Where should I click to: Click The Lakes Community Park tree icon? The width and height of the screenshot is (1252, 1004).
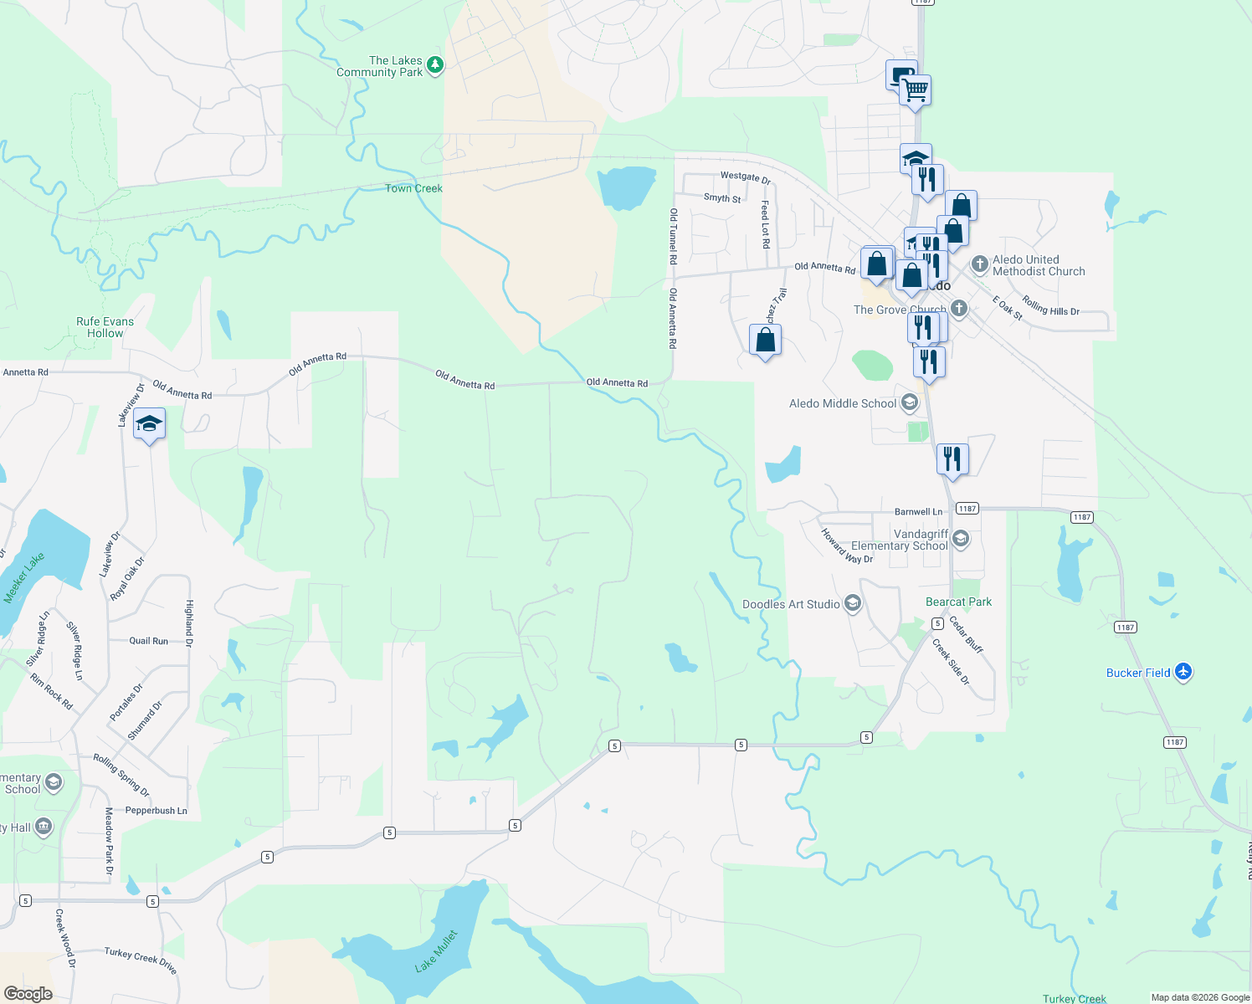click(x=434, y=65)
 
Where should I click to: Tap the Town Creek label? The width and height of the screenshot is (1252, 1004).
click(x=413, y=188)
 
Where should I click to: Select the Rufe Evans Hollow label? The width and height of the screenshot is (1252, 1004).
click(x=105, y=327)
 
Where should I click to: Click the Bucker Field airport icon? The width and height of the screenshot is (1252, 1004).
click(x=1183, y=672)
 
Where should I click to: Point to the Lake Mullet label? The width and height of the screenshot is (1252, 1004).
click(x=437, y=950)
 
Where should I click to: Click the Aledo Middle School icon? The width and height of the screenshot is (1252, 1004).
click(x=910, y=403)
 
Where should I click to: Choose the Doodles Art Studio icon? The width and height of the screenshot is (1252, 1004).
click(x=852, y=604)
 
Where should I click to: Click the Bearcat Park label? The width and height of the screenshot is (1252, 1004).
click(x=958, y=602)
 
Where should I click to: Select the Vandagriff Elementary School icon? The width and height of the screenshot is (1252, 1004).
click(x=961, y=539)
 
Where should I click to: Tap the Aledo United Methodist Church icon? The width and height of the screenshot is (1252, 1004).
click(x=980, y=265)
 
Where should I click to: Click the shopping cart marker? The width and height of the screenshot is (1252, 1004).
click(x=916, y=90)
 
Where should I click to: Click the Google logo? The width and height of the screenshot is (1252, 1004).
click(x=28, y=994)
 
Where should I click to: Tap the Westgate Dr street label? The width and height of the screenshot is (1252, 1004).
click(x=745, y=177)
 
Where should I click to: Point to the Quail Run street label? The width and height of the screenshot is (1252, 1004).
click(x=148, y=641)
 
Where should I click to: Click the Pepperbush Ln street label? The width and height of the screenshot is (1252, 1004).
click(x=156, y=811)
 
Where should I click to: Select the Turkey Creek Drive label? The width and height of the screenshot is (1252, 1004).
click(x=141, y=960)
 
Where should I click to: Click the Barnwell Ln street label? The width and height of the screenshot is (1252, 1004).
click(x=918, y=511)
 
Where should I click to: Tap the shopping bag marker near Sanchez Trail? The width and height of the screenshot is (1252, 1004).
click(x=765, y=341)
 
